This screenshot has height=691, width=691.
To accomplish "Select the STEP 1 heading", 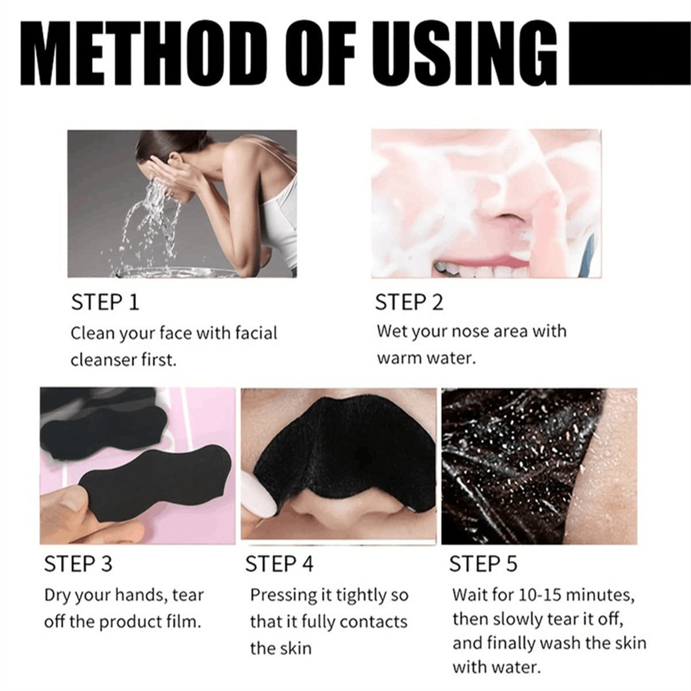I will coord(105,302).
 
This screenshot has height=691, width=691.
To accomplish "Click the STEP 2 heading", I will coord(409,302).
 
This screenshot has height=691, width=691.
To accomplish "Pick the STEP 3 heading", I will coord(78,564).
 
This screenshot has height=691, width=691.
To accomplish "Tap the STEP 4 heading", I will coord(279,564).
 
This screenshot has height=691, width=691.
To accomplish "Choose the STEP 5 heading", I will coord(483,564).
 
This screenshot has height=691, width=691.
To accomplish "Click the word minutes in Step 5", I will coord(603,595).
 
